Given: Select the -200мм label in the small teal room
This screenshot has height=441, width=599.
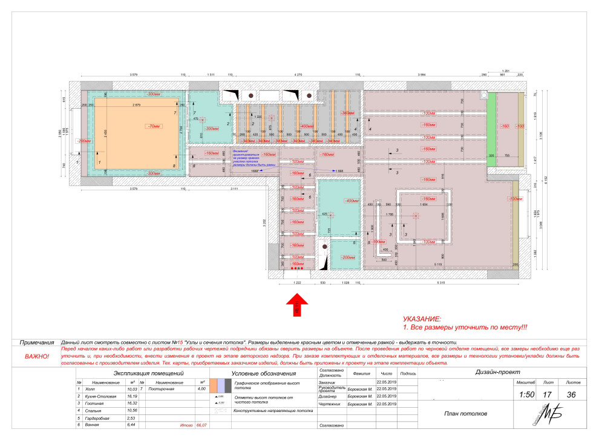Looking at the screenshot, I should click(x=348, y=257).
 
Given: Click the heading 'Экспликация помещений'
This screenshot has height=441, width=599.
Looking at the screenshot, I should click(x=148, y=374).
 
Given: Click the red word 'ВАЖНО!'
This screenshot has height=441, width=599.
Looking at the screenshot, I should click(x=37, y=356).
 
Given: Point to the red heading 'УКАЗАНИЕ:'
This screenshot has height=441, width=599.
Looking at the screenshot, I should click(x=422, y=318).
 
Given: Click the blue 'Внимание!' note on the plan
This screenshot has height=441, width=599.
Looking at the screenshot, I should click(x=241, y=152).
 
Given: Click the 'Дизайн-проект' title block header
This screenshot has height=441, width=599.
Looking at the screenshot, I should click(x=502, y=373).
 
